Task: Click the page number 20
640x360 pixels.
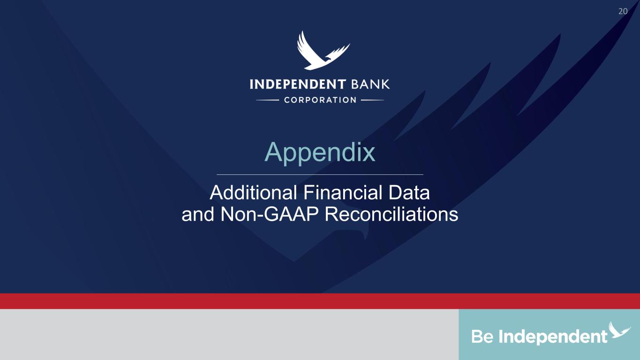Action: coord(623,11)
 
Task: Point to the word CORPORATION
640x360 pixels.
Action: coord(320,100)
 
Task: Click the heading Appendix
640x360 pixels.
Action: coord(320,153)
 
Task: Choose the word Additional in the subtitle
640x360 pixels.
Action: coord(253,193)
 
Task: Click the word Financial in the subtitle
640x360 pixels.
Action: coord(343,193)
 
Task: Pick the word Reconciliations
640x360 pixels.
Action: coord(392,214)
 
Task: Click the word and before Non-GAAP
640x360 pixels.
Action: coord(198,215)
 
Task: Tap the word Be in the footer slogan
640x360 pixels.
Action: coord(482,337)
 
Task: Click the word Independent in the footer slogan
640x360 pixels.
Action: coord(553,337)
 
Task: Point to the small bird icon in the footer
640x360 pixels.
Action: coord(619,330)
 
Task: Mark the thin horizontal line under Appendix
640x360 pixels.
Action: coord(320,174)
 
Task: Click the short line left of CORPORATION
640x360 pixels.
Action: coord(267,100)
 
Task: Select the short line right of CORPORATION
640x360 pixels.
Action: coord(373,100)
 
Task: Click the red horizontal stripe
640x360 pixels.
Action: coord(320,301)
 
